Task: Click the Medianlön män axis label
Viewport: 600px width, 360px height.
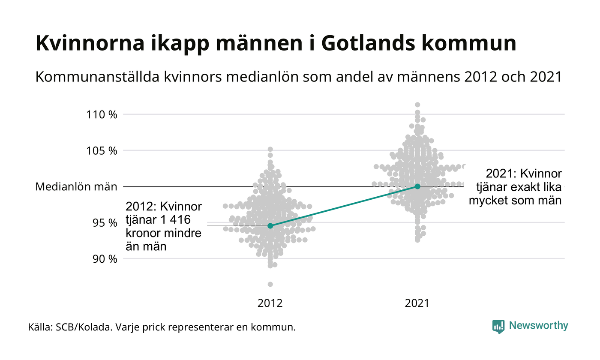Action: pos(76,186)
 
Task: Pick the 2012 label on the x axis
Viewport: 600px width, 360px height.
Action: pos(270,303)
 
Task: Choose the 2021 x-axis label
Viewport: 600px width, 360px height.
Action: pos(417,303)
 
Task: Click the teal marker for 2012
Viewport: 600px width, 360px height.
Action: pos(270,226)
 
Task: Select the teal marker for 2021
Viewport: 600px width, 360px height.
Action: pos(417,186)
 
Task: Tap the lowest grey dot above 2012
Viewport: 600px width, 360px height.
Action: pos(270,284)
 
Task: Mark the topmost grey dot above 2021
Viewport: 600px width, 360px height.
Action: pos(417,105)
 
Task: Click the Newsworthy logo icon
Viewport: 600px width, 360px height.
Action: pos(498,326)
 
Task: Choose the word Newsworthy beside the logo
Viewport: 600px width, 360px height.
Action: pos(538,326)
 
